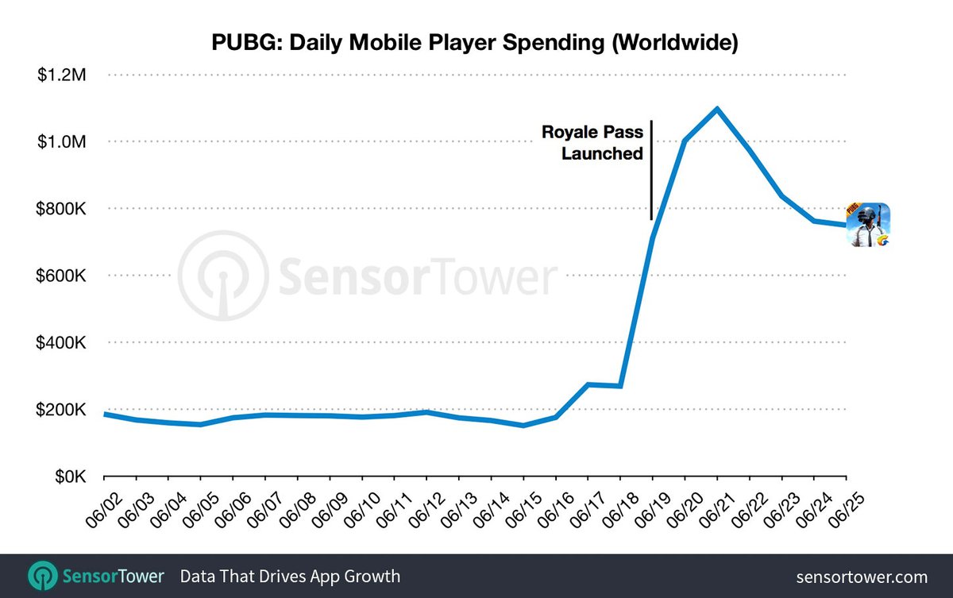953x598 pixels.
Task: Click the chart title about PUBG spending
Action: tap(475, 43)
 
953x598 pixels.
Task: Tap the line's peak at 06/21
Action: tap(717, 109)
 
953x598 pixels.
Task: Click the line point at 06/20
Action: tap(685, 141)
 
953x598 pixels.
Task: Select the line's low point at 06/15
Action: tap(523, 425)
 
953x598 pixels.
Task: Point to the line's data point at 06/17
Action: tap(588, 384)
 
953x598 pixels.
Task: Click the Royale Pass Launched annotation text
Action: tap(592, 143)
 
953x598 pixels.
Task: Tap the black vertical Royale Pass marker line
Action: tap(651, 170)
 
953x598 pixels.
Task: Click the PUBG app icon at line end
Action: tap(867, 225)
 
